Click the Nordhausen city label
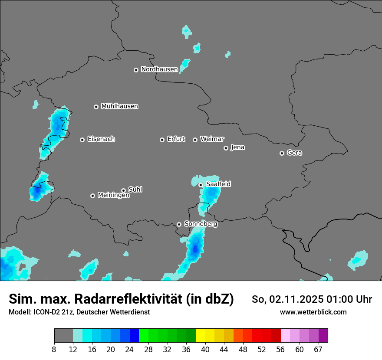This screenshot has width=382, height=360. coord(159,69)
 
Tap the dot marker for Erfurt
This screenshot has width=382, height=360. coord(162,140)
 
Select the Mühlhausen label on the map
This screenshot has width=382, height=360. coord(119,106)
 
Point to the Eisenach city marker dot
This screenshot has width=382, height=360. coord(82,140)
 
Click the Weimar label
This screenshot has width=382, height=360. coord(212,139)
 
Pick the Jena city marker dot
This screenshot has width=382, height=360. coord(226,148)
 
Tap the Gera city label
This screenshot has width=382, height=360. coord(294,153)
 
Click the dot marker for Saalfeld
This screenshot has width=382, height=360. coord(201,185)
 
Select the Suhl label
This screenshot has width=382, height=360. coord(135,190)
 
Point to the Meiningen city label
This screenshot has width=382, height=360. coord(113,195)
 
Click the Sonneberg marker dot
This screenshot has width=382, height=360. coord(179,224)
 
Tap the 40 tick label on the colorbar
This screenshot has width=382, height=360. coord(205,349)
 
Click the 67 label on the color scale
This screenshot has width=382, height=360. coord(318,349)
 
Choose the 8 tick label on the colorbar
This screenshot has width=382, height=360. coord(54,349)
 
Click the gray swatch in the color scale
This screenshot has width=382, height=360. coord(63,336)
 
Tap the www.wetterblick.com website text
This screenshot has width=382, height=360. coord(313,312)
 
